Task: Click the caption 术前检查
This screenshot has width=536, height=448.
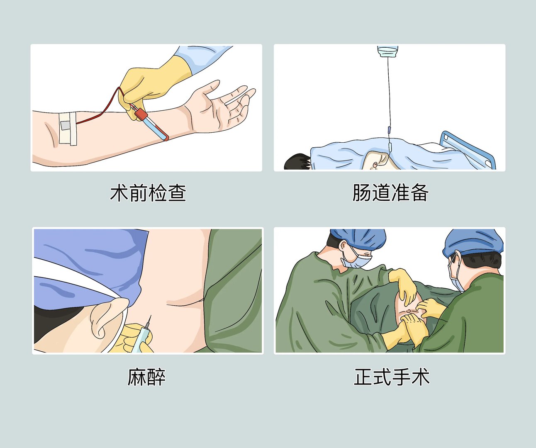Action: click(x=148, y=193)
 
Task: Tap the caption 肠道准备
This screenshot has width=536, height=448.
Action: click(x=390, y=193)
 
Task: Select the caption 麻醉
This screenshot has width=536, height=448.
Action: click(x=146, y=377)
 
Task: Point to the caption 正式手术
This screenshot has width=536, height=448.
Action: click(x=391, y=377)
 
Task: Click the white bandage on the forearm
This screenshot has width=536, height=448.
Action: click(x=68, y=128)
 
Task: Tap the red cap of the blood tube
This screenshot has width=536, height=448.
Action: click(x=141, y=114)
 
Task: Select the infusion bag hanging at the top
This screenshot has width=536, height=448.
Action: click(x=388, y=51)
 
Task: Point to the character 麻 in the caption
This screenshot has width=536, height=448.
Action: click(x=137, y=377)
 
